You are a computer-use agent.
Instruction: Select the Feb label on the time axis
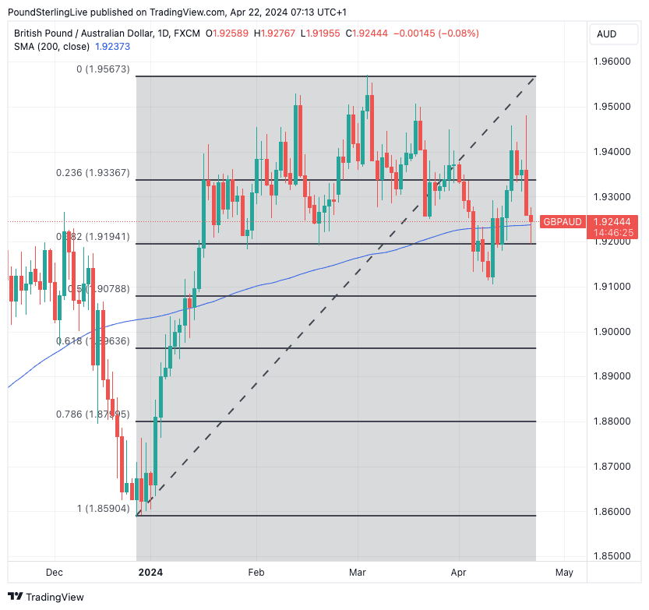[x=256, y=573]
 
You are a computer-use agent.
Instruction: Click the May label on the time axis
[x=564, y=573]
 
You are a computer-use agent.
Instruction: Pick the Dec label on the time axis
[x=54, y=573]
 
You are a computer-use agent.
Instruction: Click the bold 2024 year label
[x=150, y=573]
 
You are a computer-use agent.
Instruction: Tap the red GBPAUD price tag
[x=562, y=221]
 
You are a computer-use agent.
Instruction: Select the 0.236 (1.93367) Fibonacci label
[x=93, y=172]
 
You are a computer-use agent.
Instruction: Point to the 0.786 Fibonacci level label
[x=93, y=414]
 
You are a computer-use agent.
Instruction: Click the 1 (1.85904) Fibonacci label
[x=104, y=508]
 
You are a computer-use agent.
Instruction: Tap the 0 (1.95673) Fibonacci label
[x=104, y=69]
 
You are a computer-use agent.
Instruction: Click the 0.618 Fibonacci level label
[x=93, y=341]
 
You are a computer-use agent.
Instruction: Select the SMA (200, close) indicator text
[x=51, y=47]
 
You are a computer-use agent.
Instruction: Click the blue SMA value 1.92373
[x=112, y=47]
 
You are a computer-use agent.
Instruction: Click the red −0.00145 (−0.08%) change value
[x=437, y=33]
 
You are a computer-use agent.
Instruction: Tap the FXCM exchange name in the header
[x=185, y=33]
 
